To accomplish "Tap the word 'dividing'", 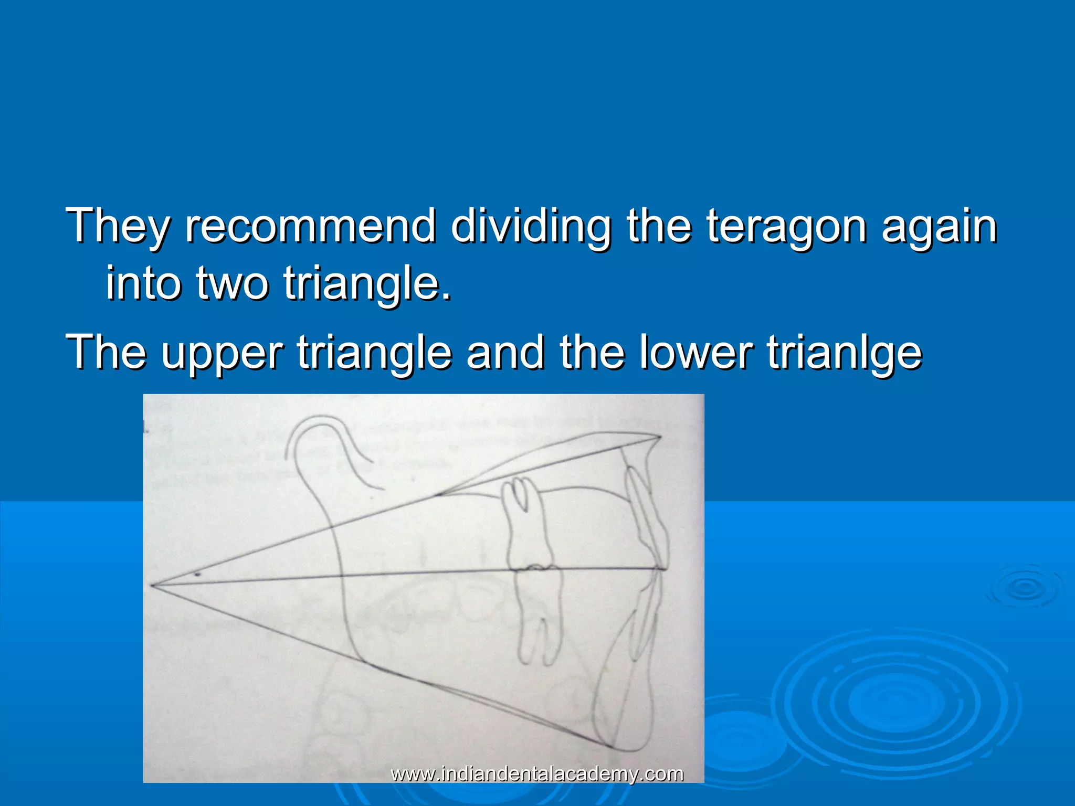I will (x=531, y=227).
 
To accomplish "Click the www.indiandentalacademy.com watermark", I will (x=537, y=773).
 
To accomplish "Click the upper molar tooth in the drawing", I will (x=526, y=525).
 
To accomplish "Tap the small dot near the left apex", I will (x=197, y=575).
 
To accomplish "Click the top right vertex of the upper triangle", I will (x=660, y=436).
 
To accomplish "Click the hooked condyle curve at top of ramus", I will (x=315, y=436).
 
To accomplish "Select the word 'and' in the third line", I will (x=505, y=352).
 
